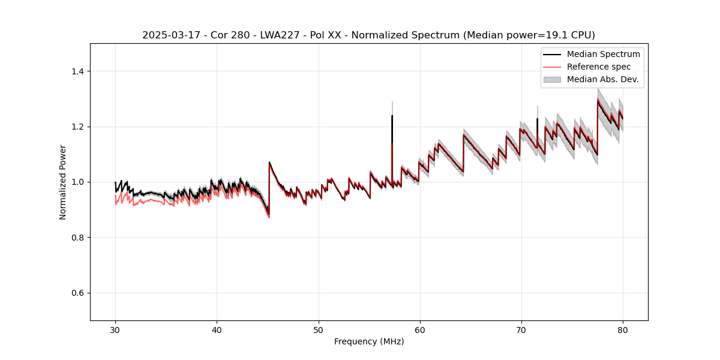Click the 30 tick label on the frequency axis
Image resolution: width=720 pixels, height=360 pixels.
115,330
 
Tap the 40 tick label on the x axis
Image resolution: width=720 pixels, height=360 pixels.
217,330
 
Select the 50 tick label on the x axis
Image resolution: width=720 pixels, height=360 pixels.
318,330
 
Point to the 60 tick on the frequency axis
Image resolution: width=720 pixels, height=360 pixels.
420,330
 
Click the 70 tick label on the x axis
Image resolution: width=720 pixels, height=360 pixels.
521,330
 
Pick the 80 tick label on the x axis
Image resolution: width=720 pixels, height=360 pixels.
623,330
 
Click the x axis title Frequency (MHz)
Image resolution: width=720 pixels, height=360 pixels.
369,342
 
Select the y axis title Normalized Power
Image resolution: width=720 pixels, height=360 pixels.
63,182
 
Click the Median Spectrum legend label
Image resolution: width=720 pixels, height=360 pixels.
603,54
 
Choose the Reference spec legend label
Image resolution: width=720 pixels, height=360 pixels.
599,67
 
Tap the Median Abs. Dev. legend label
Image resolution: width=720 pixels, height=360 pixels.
602,79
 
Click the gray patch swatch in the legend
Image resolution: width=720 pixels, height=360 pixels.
552,79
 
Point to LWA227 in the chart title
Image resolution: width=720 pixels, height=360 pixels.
281,35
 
